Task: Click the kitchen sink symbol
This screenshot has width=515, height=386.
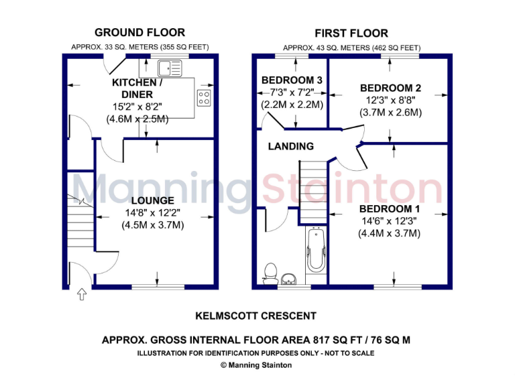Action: coord(170,68)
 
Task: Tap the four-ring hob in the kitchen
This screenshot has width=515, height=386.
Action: coord(204,98)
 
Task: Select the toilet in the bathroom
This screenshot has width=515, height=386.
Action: coord(271,273)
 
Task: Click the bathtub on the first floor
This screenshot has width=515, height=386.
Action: coord(314,250)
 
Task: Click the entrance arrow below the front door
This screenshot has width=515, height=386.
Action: coord(82,294)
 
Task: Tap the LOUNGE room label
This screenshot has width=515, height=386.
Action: coord(152,200)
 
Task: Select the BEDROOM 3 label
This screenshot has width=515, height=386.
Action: coord(292,80)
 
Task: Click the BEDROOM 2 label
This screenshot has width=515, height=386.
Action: coord(390,88)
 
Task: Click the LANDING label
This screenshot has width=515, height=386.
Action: coord(290,146)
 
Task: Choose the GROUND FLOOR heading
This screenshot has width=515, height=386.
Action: coord(139,32)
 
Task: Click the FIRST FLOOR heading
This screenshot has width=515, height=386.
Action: coord(351,33)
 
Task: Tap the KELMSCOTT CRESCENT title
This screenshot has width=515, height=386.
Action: coord(255,316)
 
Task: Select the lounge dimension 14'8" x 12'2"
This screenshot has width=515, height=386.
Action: coord(152,213)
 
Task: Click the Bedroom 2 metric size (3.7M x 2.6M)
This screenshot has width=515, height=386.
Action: coord(390,113)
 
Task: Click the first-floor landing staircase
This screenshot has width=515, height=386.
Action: coord(310,190)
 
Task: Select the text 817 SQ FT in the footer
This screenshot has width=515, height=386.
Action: coord(314,340)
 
